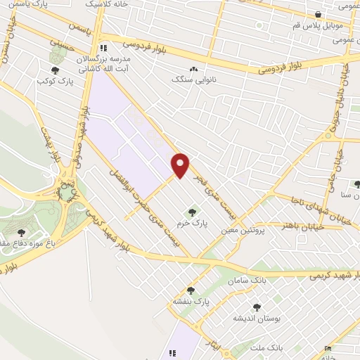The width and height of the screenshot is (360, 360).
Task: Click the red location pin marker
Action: click(181, 165)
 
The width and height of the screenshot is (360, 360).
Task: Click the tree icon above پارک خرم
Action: click(191, 212)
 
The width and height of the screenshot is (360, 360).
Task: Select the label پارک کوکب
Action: click(55, 82)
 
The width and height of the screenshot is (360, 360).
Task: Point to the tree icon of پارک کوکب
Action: click(55, 70)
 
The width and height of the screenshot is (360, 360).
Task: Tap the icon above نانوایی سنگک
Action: click(194, 69)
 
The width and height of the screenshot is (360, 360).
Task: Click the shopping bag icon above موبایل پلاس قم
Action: click(319, 13)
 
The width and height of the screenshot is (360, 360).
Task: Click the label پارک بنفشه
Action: click(192, 302)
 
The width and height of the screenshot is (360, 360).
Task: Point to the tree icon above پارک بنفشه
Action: click(191, 290)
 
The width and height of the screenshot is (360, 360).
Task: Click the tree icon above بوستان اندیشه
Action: click(257, 307)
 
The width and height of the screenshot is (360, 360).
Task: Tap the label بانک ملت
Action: click(269, 347)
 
